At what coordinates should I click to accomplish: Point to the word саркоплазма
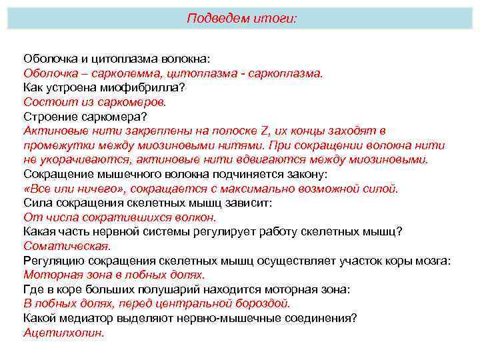point(285,73)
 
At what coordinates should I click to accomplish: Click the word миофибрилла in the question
point(140,87)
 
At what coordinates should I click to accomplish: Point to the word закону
point(307,175)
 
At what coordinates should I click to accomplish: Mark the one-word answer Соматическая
point(57,246)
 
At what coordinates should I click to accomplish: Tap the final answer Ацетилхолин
point(64,332)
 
